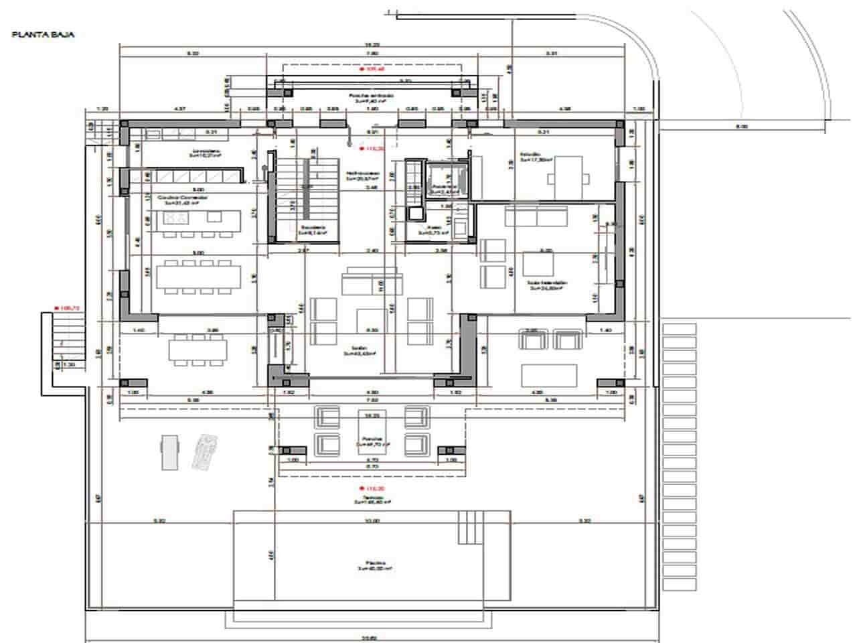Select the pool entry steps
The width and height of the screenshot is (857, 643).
coord(471,527)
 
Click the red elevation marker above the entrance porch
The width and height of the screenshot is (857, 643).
coord(371,69)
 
